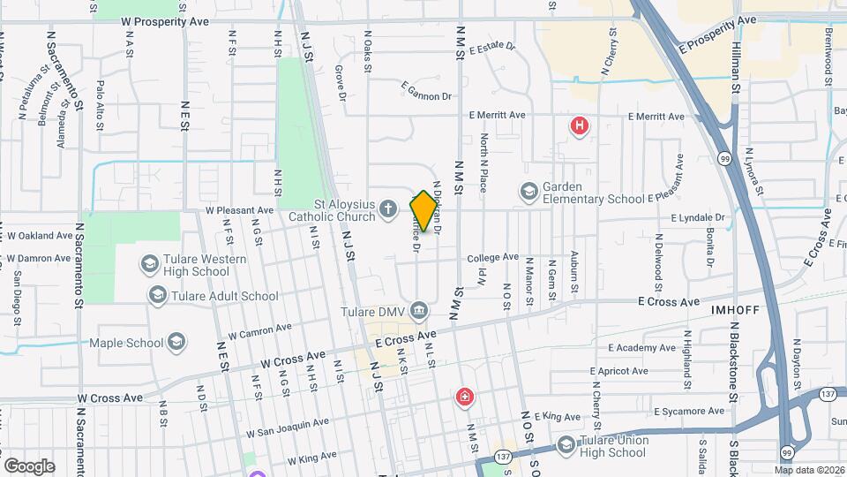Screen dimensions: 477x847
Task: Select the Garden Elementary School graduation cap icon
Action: (528, 191)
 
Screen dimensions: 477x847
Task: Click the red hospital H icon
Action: (579, 126)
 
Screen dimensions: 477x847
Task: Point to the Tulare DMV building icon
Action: (419, 311)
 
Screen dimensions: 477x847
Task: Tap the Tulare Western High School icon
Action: (148, 264)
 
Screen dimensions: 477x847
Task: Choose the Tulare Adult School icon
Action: (158, 295)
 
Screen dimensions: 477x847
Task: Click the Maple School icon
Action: (177, 342)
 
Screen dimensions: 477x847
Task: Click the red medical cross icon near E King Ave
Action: (463, 398)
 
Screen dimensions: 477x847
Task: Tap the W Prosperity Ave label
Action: (164, 20)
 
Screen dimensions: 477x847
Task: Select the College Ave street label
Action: (492, 257)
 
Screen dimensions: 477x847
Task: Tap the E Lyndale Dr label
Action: (697, 217)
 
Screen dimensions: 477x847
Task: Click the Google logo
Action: (29, 466)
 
